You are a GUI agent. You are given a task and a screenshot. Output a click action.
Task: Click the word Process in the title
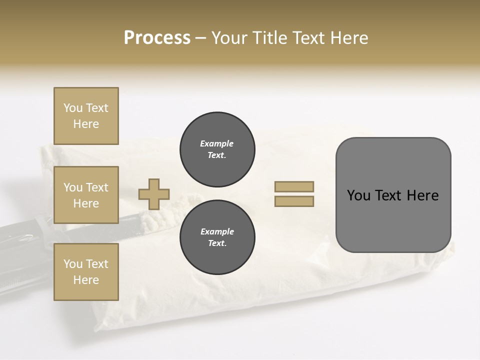pos(157,38)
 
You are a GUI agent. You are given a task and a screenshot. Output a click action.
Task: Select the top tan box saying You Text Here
pos(86,116)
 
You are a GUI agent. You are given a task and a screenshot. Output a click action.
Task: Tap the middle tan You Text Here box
pos(86,195)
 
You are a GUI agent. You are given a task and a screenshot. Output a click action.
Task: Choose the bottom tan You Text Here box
pos(86,271)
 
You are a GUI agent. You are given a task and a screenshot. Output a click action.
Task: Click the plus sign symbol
pos(154,194)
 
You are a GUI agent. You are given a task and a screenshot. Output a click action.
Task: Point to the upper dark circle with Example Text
pos(217,149)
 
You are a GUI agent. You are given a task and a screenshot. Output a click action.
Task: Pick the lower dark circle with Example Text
pos(217,237)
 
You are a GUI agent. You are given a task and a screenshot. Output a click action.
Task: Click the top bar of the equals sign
pos(294,186)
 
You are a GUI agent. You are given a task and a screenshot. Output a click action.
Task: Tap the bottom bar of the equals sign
pos(294,201)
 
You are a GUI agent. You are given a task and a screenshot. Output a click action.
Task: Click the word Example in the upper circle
pos(217,143)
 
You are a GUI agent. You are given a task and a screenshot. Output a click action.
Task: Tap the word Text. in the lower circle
pos(217,243)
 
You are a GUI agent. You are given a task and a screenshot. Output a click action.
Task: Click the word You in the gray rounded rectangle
pos(358,195)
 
